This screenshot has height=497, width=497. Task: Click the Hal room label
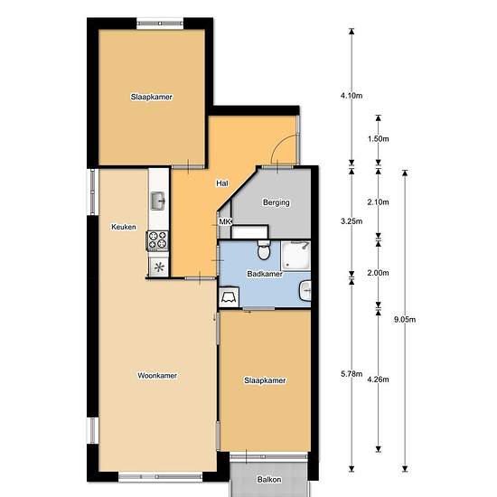pos(222,183)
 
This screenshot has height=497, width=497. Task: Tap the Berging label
pos(277,202)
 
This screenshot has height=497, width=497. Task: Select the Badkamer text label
pos(265,274)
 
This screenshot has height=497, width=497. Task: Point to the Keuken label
pos(124,227)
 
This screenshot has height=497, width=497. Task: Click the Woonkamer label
pos(157,376)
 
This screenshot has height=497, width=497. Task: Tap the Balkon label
pos(269,480)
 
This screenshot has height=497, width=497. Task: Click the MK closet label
pos(225,221)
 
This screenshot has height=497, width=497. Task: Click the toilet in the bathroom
pos(263,249)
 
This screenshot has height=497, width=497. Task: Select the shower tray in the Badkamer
pos(296,256)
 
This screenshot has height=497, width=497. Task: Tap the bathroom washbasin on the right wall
pos(305,290)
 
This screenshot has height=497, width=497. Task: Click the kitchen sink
pos(157,201)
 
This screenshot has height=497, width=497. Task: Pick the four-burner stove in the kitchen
pos(157,240)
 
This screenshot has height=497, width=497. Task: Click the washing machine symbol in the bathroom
pos(229,297)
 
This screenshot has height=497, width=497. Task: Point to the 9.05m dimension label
pos(405,320)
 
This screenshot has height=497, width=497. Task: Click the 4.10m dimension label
pos(352,96)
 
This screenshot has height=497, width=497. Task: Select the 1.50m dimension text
pos(378,139)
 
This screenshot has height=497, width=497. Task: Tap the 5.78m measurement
pos(352,374)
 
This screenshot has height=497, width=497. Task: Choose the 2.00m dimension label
pos(378,273)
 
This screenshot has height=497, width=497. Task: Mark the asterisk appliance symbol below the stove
pos(159,267)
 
